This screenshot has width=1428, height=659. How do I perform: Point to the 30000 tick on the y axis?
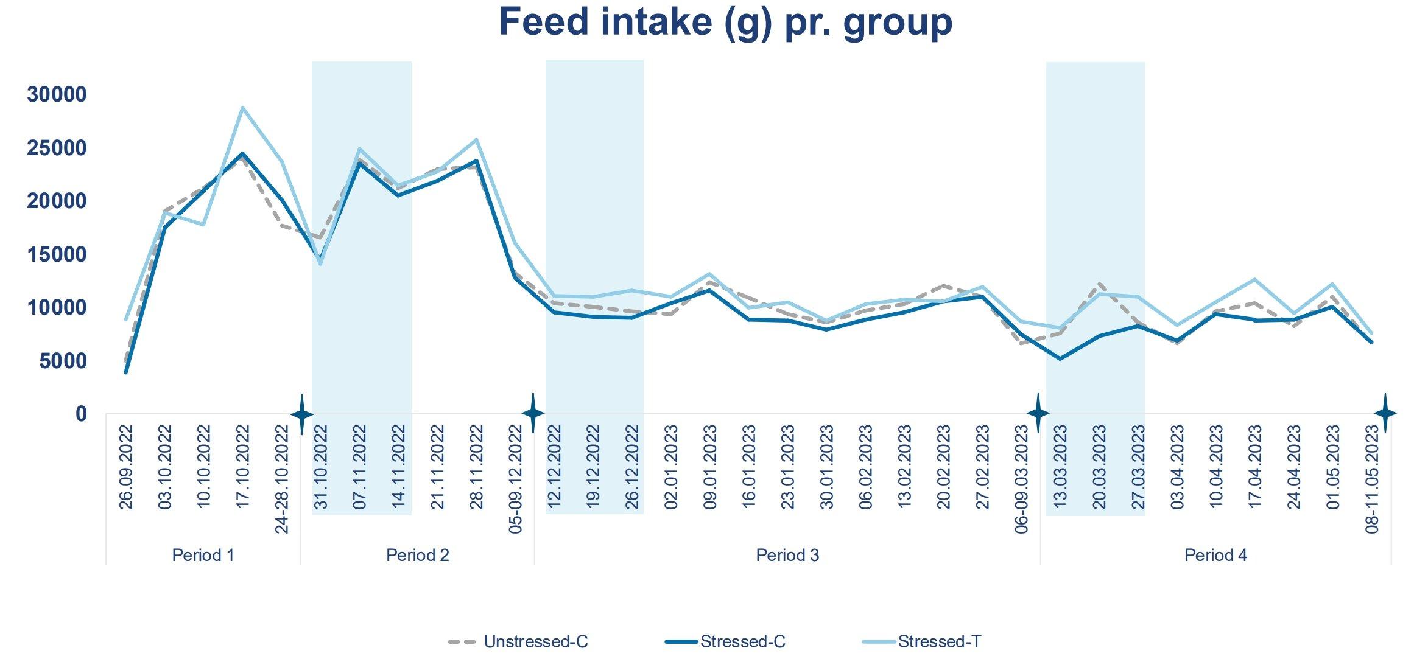coord(57,95)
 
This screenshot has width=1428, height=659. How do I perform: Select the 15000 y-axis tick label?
coord(57,254)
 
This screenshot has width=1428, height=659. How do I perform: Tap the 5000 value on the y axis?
coord(63,361)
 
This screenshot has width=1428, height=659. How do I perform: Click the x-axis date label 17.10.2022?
coord(243,467)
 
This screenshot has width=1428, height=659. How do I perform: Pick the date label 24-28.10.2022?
coord(282,479)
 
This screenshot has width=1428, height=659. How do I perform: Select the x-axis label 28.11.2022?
coord(477,467)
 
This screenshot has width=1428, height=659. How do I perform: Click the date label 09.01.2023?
coord(710,467)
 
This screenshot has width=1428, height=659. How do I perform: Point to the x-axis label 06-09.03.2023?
coord(1022,479)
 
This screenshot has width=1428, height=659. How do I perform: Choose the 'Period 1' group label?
coord(203,555)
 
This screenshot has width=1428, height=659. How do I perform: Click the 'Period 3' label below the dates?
coord(787,555)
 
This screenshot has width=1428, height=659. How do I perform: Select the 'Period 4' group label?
coord(1215,555)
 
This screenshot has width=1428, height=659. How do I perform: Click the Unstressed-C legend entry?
coord(518,641)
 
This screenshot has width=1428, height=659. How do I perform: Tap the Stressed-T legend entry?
coord(923,641)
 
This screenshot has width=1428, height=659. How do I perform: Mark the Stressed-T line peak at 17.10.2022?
coord(242,108)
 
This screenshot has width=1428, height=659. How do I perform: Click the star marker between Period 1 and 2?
coord(302,414)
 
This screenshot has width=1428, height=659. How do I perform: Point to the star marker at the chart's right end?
coord(1385,414)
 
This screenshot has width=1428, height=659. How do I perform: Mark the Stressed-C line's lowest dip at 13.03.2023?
coord(1060,358)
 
